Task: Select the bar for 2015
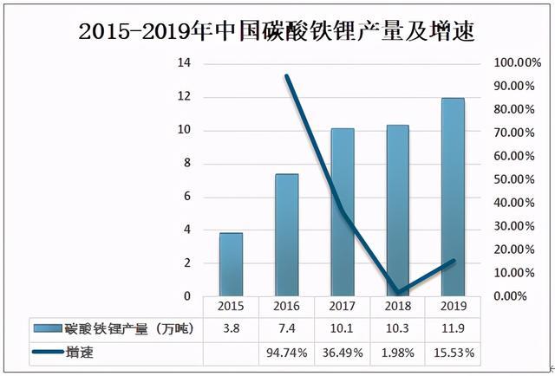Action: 231,264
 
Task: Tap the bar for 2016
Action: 287,235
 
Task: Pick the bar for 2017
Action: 343,212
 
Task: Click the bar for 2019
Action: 454,198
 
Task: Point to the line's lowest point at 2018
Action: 397,293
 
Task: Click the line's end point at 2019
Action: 454,261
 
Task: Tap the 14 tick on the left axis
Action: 184,64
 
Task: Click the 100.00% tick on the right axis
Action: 515,64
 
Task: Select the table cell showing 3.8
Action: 231,330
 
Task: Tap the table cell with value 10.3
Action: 398,330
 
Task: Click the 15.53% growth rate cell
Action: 454,353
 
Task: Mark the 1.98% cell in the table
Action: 398,353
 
